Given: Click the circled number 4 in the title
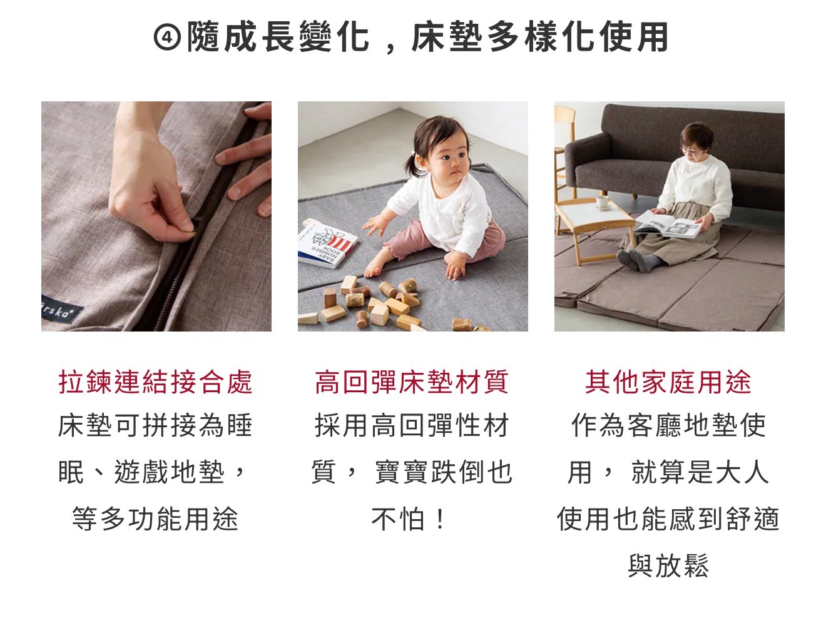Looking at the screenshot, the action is click(168, 38).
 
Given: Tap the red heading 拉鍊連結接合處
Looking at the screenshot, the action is click(155, 382).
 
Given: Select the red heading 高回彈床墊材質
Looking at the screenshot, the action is click(412, 382).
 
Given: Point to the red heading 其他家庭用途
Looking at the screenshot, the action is click(668, 382).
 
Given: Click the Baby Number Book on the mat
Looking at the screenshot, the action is click(327, 243).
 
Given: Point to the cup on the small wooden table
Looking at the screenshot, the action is click(603, 203).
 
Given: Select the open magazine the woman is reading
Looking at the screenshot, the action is click(667, 225).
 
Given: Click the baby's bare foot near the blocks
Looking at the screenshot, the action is click(375, 267).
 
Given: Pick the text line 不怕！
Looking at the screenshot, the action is click(409, 519).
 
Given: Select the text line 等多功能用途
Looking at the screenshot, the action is click(155, 519).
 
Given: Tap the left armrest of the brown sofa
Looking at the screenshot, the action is click(587, 161).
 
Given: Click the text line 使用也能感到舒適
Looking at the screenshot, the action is click(668, 519).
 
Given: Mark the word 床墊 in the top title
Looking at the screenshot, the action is click(447, 37).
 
